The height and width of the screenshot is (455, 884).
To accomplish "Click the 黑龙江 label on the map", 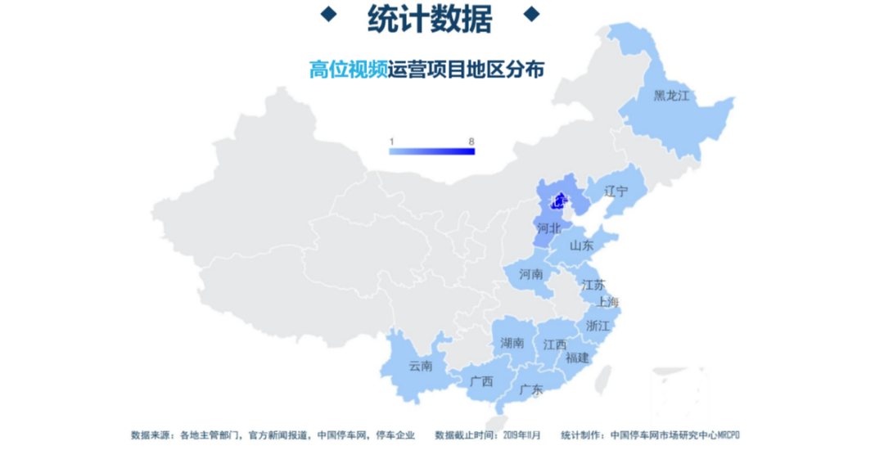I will click(x=671, y=96).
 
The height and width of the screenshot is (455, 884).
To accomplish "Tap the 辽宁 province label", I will click(x=616, y=191).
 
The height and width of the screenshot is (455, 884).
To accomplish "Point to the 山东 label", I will click(x=581, y=245).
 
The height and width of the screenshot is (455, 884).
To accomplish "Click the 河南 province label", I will click(x=531, y=274).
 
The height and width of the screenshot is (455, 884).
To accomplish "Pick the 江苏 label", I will click(x=593, y=286).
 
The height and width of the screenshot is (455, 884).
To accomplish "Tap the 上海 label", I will click(x=608, y=302).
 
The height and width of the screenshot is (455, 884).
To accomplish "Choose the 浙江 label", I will click(x=598, y=326).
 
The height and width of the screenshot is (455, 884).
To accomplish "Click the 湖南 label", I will click(x=512, y=343).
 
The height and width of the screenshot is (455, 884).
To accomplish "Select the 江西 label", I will click(x=554, y=345).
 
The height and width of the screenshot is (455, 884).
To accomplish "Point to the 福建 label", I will click(x=577, y=358).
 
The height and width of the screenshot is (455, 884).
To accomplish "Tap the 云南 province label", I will click(x=421, y=366).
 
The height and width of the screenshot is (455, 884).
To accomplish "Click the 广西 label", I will click(x=481, y=381).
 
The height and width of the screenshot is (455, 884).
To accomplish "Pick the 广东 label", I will click(x=531, y=390).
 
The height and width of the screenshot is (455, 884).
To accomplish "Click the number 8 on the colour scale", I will click(x=471, y=142).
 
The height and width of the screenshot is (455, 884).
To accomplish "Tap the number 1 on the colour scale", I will click(x=392, y=142).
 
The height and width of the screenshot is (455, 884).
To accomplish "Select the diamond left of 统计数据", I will click(x=328, y=13).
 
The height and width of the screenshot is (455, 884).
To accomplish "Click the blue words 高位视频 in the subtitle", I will click(x=348, y=70).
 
